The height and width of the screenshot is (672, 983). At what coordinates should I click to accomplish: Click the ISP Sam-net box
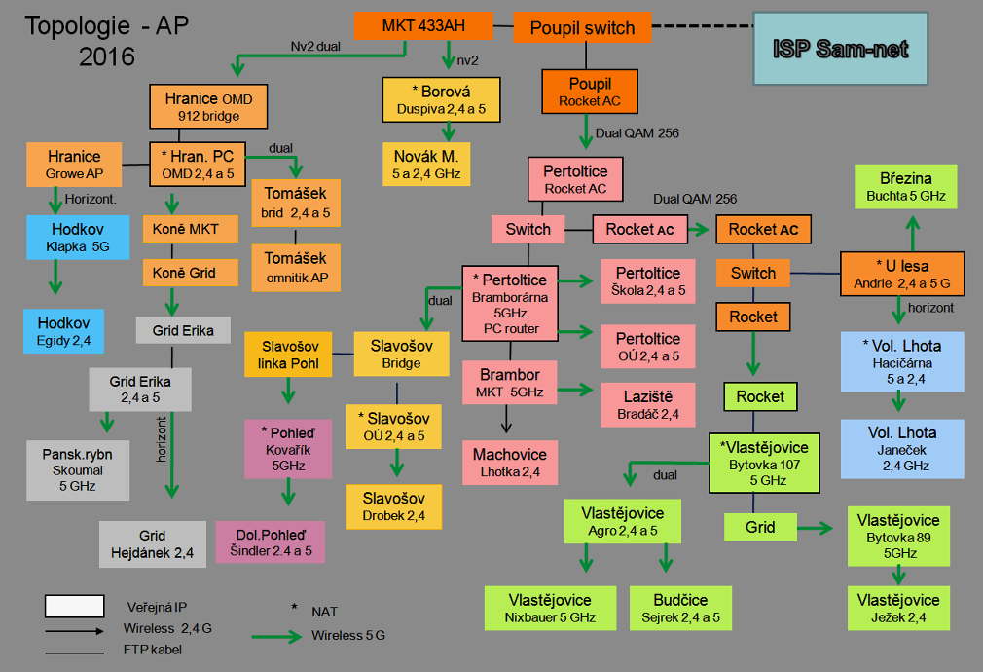(x=842, y=48)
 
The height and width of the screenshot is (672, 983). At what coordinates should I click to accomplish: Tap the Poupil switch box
(x=582, y=28)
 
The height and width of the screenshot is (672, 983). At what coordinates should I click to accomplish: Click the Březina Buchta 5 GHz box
(x=905, y=186)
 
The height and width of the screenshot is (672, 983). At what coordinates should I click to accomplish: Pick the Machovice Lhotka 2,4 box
(x=510, y=463)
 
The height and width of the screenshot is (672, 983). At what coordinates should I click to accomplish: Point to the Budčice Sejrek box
(x=681, y=608)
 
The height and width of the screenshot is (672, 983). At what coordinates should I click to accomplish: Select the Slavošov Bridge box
(x=401, y=354)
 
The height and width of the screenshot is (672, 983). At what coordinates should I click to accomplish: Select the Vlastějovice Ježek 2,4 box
(x=898, y=608)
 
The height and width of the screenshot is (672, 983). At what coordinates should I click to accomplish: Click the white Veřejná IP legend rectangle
(x=74, y=606)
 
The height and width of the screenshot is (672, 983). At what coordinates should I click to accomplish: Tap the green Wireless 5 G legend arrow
(x=277, y=636)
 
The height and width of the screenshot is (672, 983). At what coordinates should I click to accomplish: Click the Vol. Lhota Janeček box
(x=902, y=448)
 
